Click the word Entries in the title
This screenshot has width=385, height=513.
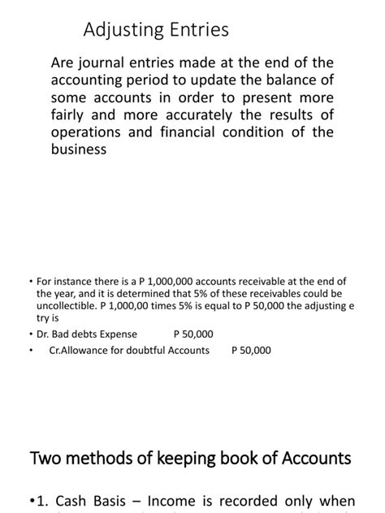click(195, 30)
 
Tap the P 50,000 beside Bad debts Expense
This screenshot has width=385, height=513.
click(193, 334)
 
